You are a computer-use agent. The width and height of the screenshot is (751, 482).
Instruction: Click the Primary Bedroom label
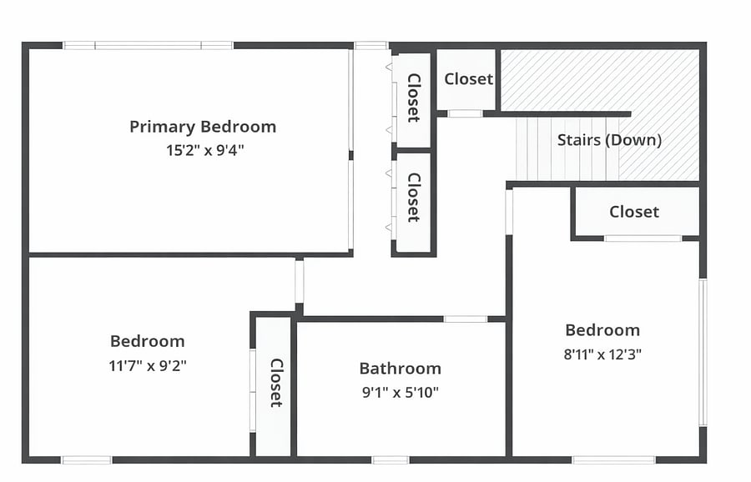coord(203,127)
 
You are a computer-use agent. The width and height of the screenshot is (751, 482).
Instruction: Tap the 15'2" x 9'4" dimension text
coord(205,150)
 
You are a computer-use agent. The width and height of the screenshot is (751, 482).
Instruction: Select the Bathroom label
coord(401,369)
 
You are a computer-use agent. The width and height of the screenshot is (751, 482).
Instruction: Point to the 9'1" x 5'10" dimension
coord(401,393)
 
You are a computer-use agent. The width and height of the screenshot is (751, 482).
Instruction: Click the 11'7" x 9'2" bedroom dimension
coord(148,366)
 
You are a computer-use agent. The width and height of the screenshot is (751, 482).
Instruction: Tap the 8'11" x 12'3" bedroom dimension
coord(602,354)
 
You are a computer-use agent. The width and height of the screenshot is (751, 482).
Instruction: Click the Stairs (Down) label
coord(609,140)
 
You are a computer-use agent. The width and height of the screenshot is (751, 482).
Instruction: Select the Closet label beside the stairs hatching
coord(468,79)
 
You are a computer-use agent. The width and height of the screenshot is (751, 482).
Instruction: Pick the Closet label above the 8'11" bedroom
coord(634,212)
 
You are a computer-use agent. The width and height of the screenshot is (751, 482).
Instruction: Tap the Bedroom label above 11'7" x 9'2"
coord(148,341)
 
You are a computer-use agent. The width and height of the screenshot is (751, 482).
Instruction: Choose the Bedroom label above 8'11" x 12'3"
coord(602,330)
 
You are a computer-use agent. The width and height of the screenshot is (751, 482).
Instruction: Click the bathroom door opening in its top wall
coord(466,319)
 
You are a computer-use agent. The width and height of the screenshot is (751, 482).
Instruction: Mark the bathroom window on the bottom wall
coord(391,460)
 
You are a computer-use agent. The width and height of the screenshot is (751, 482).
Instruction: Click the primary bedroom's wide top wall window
coord(148,46)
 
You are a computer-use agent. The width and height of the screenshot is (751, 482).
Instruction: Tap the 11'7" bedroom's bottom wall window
coord(87,460)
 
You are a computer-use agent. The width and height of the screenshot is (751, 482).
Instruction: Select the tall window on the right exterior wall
coord(703,353)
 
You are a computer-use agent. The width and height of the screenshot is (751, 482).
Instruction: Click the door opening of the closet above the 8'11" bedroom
coord(643,238)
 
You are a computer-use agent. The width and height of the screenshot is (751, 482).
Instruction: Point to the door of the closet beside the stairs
coord(465,113)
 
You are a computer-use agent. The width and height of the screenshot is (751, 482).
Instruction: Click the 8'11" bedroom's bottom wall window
coord(614,460)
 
